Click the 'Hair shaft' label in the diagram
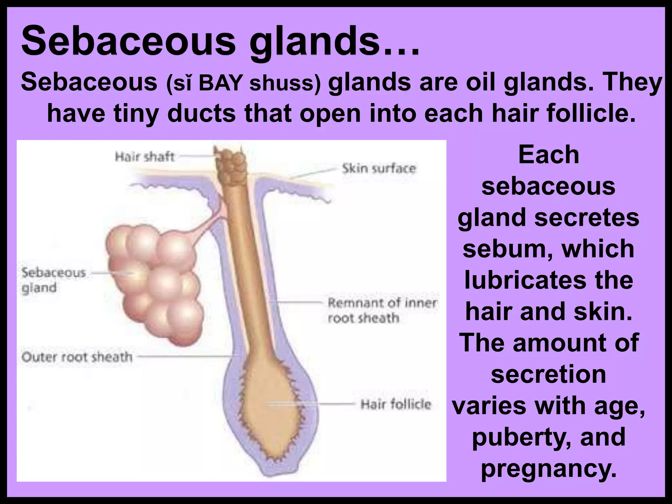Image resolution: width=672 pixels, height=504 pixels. (x=144, y=157)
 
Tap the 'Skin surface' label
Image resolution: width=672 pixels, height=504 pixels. (x=379, y=169)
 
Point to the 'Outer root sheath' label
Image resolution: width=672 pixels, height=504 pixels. (x=77, y=357)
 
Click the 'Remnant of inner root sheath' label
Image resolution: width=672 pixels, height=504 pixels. (x=382, y=310)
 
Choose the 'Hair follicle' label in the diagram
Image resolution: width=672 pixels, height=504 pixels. (x=395, y=404)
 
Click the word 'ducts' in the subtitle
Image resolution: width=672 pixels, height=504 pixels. (x=201, y=113)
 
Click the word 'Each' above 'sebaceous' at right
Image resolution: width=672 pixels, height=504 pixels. (x=549, y=155)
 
